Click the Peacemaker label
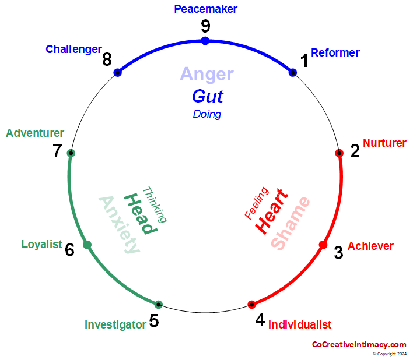coord(205,9)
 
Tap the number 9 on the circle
coord(205,26)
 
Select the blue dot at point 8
coord(118,73)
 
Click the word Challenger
coord(73,50)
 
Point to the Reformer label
coord(335,53)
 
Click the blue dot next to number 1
coord(293,73)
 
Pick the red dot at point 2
coord(339,153)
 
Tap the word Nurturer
coord(384,143)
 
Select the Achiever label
coord(370,246)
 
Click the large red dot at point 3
coord(323,245)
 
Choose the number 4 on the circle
coord(260,320)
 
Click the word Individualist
coord(299,325)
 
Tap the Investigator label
coord(115,325)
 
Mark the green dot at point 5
coord(159,304)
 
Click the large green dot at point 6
coord(87,245)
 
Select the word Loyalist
coord(41,245)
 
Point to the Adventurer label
coord(35,133)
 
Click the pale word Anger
coord(206,74)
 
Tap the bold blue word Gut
coord(208,96)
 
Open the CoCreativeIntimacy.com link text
coord(359,344)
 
